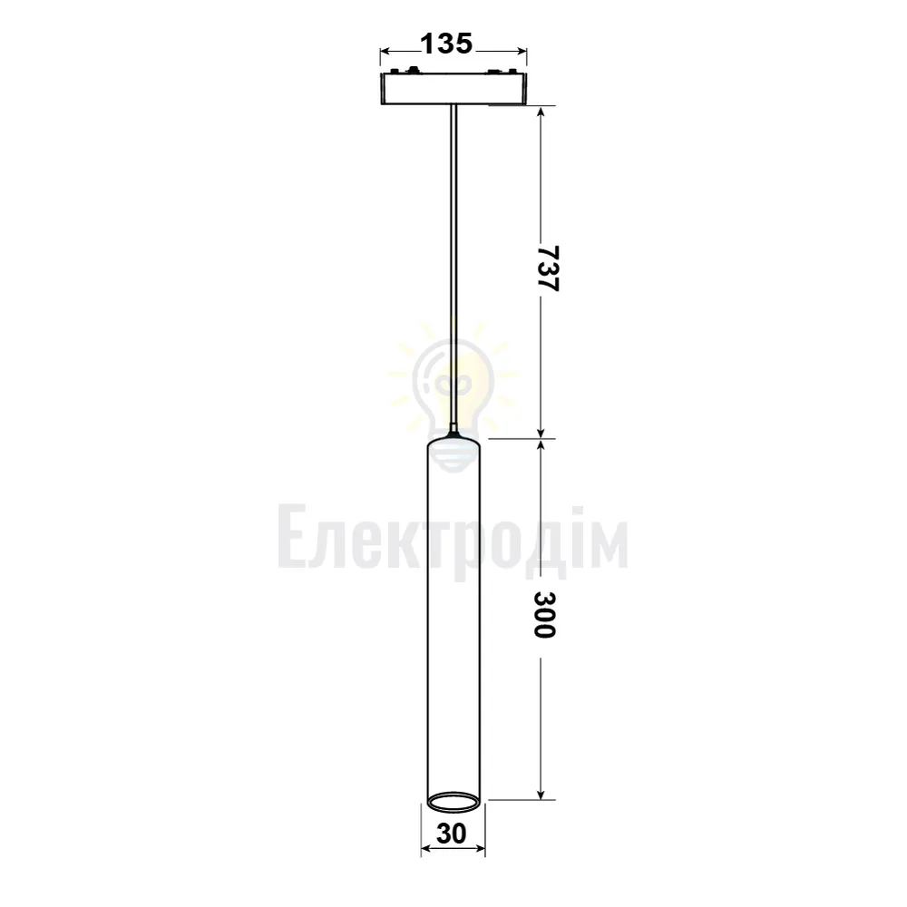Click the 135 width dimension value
click(x=446, y=44)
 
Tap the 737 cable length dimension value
click(x=546, y=269)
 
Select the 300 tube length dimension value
click(x=544, y=614)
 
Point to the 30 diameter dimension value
click(x=451, y=834)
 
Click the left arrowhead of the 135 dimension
click(x=385, y=52)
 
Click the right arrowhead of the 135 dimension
click(x=522, y=52)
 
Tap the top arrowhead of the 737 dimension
click(x=541, y=112)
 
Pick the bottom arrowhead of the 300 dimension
click(x=541, y=794)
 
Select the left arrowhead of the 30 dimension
click(x=427, y=849)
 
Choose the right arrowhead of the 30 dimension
click(x=479, y=849)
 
